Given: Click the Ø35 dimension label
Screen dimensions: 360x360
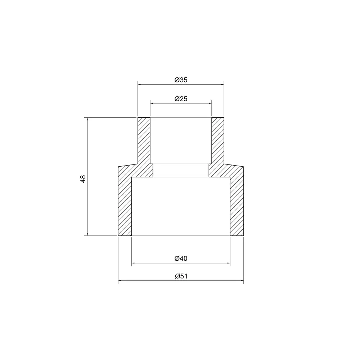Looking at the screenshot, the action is [181, 80].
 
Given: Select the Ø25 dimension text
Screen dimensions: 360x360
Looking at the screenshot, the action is [181, 99].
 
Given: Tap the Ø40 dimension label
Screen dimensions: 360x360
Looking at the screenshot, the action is [181, 258].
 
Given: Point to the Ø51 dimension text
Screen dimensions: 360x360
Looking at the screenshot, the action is [181, 276].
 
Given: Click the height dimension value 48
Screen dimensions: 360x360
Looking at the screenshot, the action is [83, 179].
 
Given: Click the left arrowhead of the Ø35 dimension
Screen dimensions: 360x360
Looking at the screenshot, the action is [139, 85].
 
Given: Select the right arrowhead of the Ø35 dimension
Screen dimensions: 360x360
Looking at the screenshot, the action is [222, 85].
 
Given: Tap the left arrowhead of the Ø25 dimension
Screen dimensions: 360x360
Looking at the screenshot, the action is [152, 103].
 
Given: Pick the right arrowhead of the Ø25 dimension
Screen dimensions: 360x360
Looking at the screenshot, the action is [210, 103].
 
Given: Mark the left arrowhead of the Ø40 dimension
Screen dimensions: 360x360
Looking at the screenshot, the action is [134, 263].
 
